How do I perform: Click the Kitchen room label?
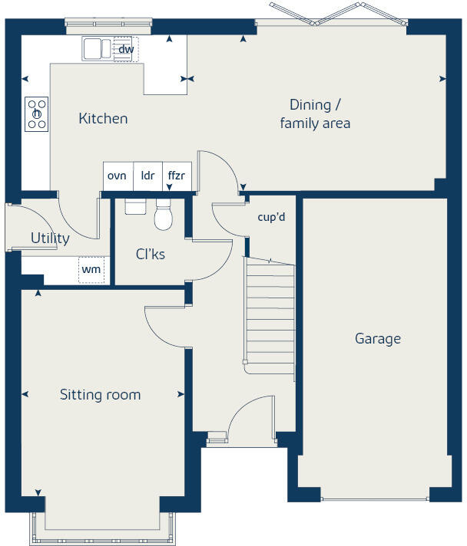coord(103,119)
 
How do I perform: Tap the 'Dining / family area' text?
coord(315,113)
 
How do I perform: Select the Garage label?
coord(377,338)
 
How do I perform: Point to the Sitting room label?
coord(100,395)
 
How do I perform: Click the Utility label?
coord(50,238)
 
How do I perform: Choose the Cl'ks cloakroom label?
coord(151,254)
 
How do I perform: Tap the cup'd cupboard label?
coord(271,217)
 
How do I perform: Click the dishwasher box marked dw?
coord(126,50)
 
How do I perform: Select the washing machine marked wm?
coord(91,270)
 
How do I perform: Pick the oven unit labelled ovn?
coord(117,176)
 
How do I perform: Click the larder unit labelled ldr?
coord(147,176)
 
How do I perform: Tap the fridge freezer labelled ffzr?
coord(177,176)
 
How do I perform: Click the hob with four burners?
coord(36,113)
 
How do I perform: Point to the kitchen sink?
coord(98,49)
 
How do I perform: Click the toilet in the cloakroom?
coord(163,216)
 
